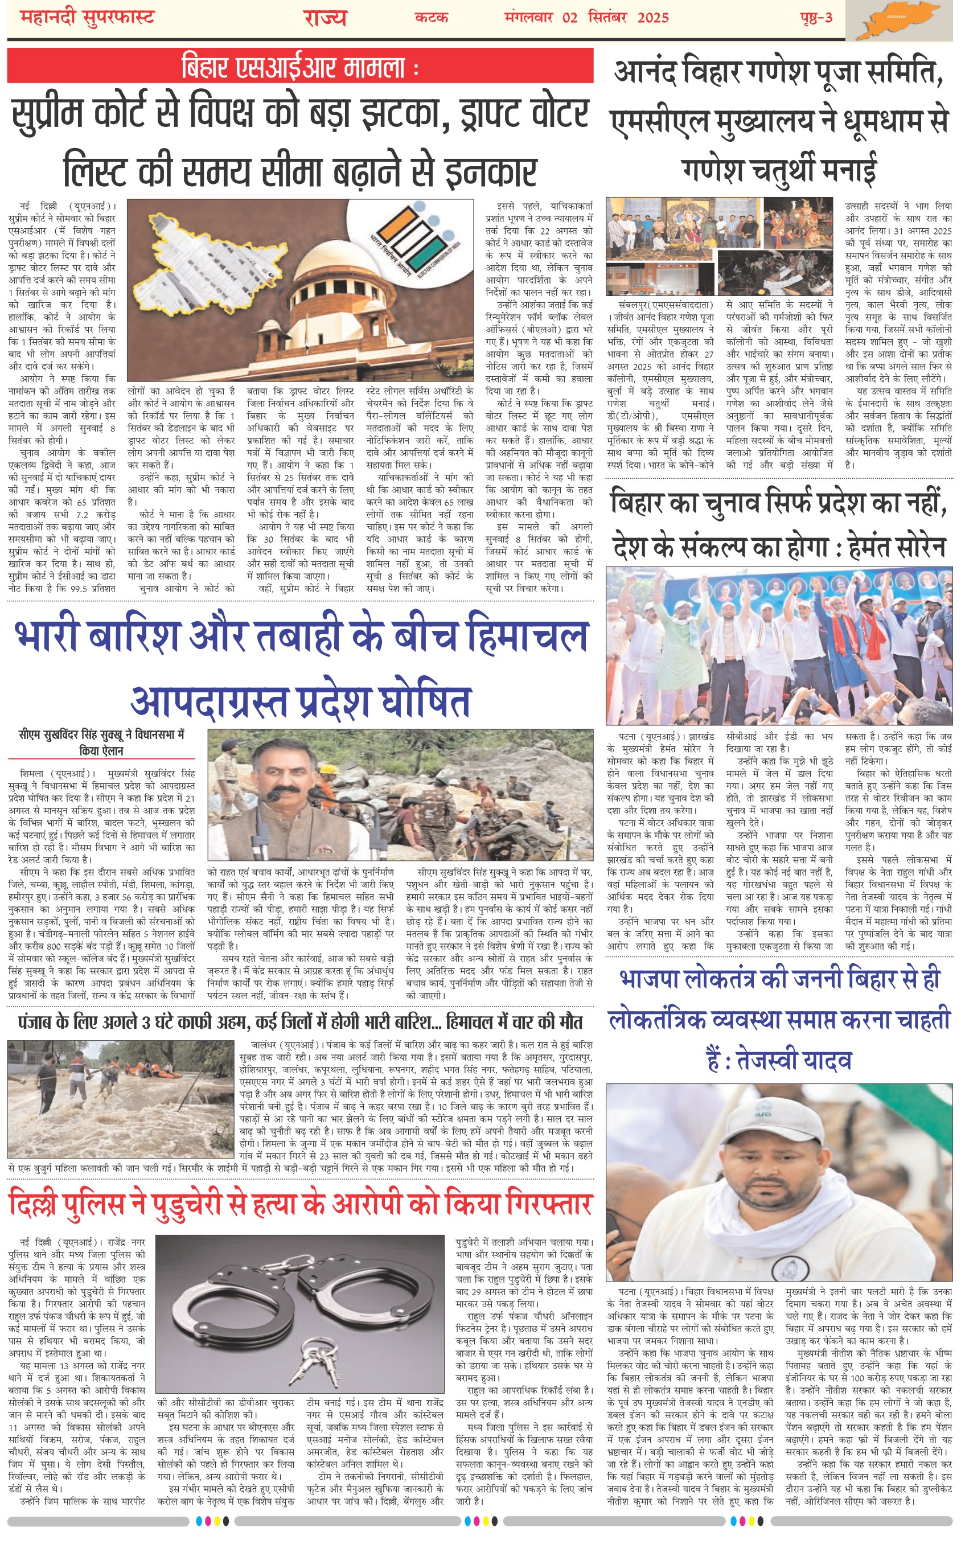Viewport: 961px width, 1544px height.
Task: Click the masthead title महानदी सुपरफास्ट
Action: tap(87, 17)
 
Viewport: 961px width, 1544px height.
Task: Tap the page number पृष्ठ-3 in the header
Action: tap(815, 17)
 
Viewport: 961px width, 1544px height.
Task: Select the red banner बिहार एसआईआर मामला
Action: tap(300, 67)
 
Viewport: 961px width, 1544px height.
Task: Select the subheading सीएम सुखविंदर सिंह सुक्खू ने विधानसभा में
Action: tap(102, 734)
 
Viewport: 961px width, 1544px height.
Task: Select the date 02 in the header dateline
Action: tap(569, 17)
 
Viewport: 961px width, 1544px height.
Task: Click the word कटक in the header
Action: tap(432, 17)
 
